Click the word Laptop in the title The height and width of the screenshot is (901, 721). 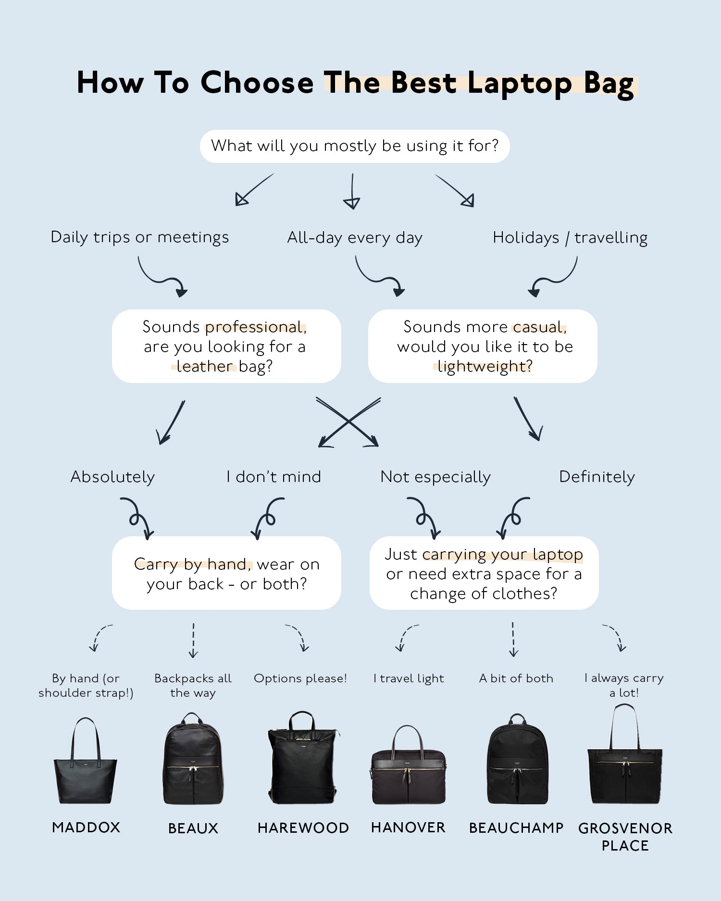tap(520, 83)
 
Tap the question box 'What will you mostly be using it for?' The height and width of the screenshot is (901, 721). tap(355, 146)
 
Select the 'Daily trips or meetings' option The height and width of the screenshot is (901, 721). tap(139, 237)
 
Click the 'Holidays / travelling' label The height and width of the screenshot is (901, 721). tap(570, 238)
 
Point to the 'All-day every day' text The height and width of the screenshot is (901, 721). tap(355, 238)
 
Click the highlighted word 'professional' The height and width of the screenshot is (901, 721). tap(255, 327)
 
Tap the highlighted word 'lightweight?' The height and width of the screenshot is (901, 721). tap(485, 367)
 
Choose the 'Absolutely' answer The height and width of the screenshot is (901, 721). tap(112, 477)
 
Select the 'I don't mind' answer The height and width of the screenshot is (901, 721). tap(273, 477)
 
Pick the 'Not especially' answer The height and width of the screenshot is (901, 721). tap(435, 477)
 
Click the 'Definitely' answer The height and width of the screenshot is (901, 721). tap(597, 477)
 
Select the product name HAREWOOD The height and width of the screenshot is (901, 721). tap(303, 828)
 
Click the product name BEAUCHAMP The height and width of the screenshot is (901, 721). tap(516, 828)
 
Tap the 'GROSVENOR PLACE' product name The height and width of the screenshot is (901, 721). tap(625, 837)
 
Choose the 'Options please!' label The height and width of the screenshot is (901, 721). tap(300, 679)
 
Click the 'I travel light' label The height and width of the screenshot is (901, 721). tap(409, 679)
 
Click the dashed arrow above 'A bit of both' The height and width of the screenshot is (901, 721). tap(513, 640)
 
